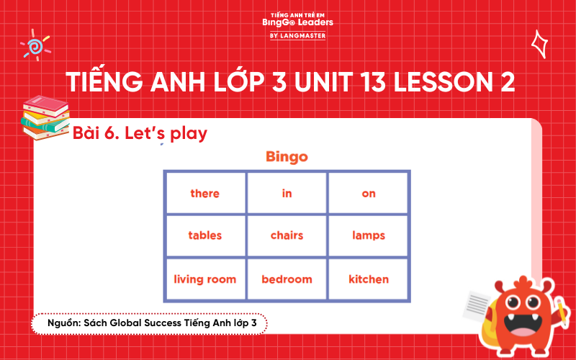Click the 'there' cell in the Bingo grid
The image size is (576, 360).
[x=205, y=193]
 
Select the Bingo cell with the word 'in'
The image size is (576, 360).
[x=287, y=193]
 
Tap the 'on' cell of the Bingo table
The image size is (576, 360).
[x=369, y=193]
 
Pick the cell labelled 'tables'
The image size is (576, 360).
[x=205, y=235]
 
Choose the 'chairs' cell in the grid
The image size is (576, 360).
[x=287, y=235]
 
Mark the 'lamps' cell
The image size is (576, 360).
[x=369, y=235]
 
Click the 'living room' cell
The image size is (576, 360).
[x=205, y=279]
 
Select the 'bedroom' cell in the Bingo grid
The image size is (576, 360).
[x=287, y=279]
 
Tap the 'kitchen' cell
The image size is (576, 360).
[x=369, y=279]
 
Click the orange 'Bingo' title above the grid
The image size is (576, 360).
[x=287, y=156]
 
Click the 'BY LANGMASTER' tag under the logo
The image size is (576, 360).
[x=297, y=35]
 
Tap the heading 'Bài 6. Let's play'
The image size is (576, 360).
[x=140, y=133]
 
